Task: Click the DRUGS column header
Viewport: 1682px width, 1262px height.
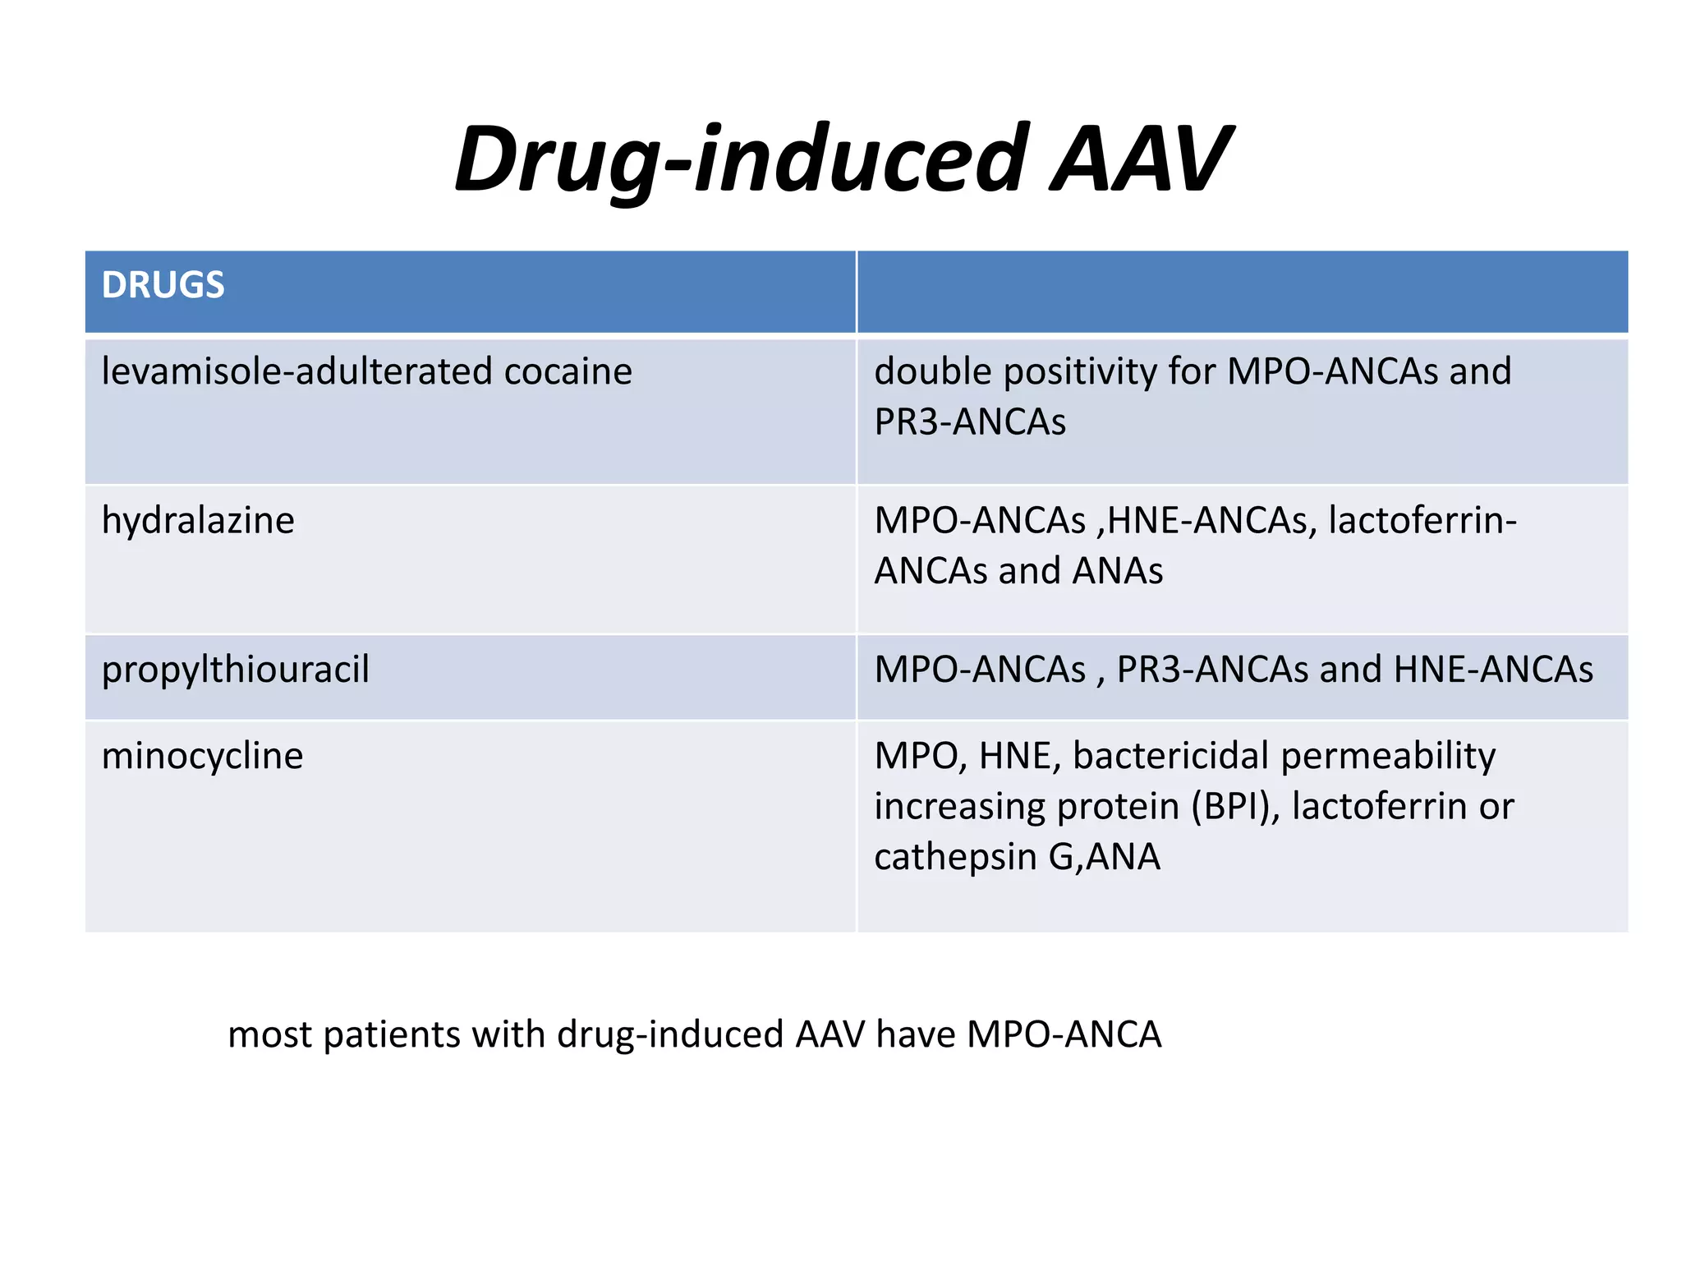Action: pos(163,285)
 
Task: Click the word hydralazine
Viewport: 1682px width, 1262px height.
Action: pos(198,521)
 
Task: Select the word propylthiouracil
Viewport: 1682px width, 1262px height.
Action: pos(236,670)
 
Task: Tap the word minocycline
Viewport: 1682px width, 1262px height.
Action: pos(202,756)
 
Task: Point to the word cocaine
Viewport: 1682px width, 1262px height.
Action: pos(568,371)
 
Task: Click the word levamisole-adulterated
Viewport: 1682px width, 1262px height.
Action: pos(296,371)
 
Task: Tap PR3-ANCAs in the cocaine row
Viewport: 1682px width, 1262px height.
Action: pos(970,422)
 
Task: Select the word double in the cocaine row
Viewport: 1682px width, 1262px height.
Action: pos(933,371)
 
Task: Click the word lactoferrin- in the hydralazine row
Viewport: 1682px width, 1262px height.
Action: pos(1422,521)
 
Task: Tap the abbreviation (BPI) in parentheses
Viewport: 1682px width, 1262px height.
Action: pos(1235,807)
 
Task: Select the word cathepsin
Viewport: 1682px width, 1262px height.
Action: pos(944,857)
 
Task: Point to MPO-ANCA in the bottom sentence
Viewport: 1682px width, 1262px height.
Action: pos(1064,1034)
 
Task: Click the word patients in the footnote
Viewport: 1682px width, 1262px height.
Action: pos(391,1034)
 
